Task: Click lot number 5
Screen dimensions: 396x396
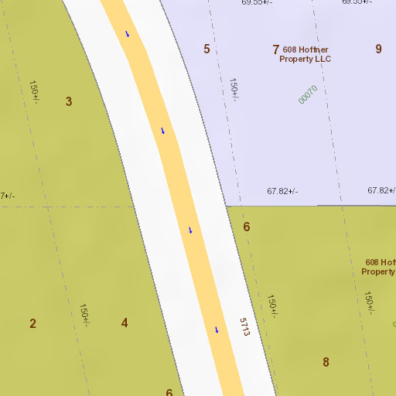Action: pos(207,49)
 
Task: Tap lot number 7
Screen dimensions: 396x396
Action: pos(275,49)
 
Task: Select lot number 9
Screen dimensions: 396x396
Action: pos(379,49)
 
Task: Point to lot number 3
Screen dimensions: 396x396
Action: pos(69,101)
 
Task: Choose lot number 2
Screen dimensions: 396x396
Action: pos(32,323)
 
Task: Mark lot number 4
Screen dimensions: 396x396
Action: pos(125,323)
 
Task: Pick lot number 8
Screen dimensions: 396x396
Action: pos(326,361)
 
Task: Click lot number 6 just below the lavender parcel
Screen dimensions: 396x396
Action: pos(247,227)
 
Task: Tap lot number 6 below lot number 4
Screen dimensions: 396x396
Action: pos(169,393)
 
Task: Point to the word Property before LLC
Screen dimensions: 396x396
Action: pos(295,59)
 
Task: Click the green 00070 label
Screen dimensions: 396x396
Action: pos(308,94)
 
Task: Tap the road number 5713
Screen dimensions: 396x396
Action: pos(245,326)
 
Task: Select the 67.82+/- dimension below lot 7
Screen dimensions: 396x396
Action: pos(282,191)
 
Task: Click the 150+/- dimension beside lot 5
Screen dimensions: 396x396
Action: pos(234,88)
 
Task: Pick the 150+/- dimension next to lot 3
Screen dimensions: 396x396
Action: pos(34,91)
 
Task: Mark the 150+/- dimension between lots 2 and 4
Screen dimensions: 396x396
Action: pos(84,314)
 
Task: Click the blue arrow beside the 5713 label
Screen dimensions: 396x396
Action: pos(217,330)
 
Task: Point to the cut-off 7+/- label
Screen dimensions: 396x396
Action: pos(6,196)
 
